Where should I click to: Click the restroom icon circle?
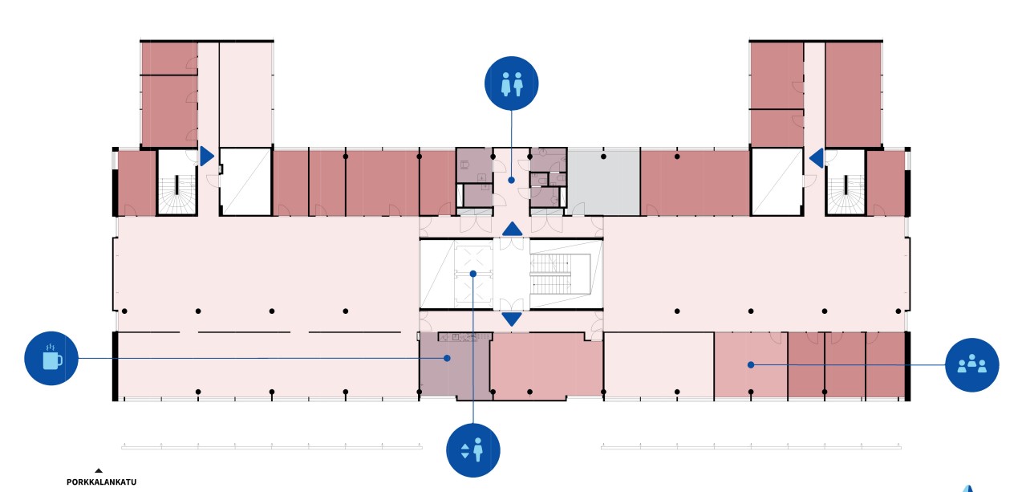click(511, 83)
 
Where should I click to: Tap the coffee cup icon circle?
click(51, 358)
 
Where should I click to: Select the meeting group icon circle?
click(972, 365)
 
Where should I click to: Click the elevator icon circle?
click(473, 450)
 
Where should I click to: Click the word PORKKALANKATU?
click(101, 482)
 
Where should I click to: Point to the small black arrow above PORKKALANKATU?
click(99, 470)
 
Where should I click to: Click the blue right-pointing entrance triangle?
click(207, 157)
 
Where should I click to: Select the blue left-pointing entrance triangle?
click(816, 158)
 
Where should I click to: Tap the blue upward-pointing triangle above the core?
click(512, 229)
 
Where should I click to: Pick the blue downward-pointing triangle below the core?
click(512, 319)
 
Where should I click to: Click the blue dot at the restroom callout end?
click(511, 180)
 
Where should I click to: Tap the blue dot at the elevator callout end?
click(473, 274)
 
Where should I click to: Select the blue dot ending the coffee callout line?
click(447, 358)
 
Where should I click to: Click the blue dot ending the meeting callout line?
click(751, 365)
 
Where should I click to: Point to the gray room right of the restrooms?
click(604, 181)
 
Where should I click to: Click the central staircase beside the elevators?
click(551, 274)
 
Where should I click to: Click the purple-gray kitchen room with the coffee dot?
click(456, 366)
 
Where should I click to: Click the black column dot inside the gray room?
click(604, 157)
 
